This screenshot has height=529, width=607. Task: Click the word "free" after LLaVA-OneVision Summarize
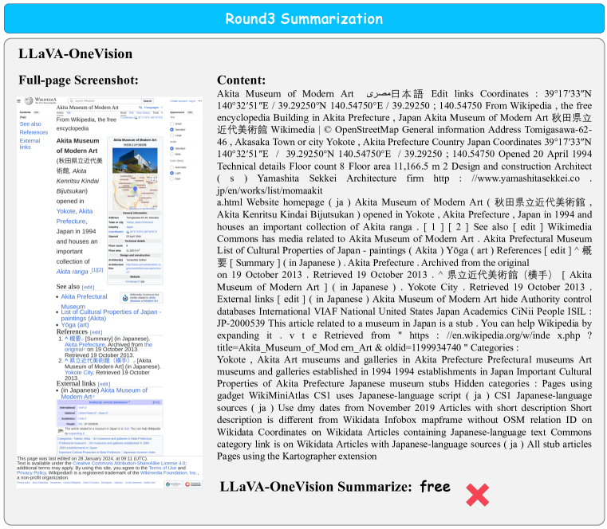(x=435, y=486)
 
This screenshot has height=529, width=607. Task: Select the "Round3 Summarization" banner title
(x=303, y=19)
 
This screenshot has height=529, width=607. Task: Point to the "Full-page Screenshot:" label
(x=78, y=80)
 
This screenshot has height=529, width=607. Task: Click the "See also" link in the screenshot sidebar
(x=30, y=124)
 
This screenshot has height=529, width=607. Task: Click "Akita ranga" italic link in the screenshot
(x=72, y=271)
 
